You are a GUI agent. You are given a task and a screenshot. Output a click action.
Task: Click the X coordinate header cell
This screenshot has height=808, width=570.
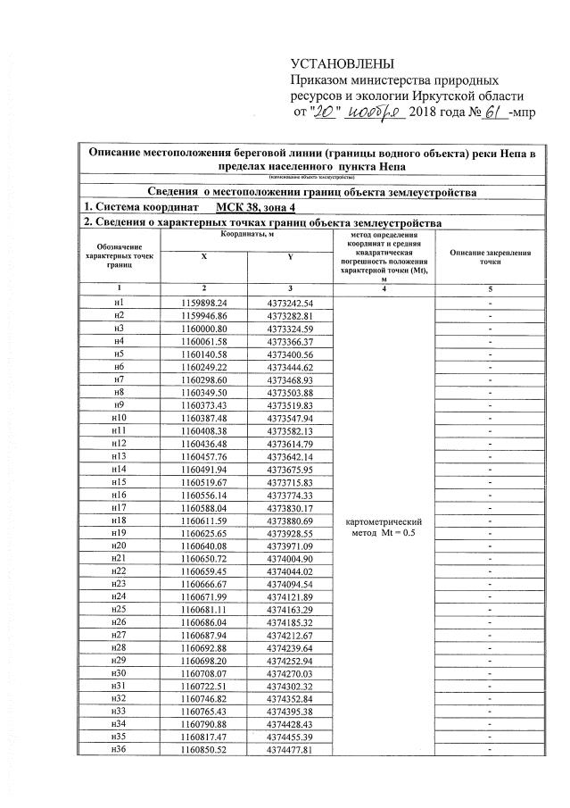204,256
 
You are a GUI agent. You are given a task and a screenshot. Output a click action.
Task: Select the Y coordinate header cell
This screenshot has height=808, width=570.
291,256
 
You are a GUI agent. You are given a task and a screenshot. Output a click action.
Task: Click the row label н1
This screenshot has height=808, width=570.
119,303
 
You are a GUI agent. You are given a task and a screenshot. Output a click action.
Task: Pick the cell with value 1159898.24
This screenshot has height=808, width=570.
204,303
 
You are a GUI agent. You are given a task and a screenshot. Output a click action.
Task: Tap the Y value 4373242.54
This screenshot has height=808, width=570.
291,303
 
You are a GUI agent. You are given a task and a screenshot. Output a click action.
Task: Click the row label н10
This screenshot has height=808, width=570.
119,417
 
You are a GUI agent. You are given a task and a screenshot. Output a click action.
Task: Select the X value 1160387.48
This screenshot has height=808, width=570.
204,417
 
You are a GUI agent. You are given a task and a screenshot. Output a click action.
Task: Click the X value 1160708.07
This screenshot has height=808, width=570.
204,671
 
